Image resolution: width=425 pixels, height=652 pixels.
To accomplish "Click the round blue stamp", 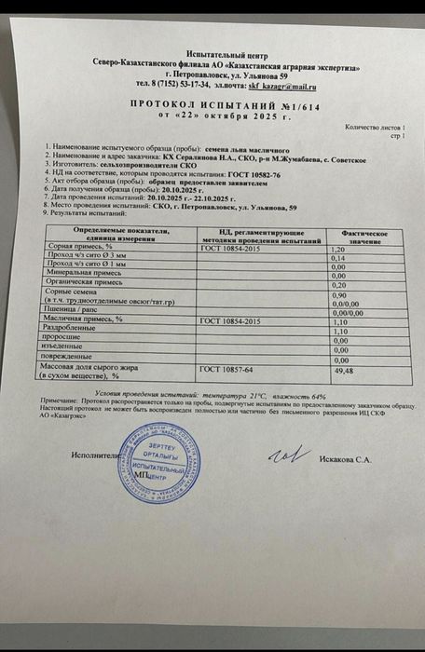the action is [148, 463].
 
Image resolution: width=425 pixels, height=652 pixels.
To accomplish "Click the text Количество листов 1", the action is [374, 127].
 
